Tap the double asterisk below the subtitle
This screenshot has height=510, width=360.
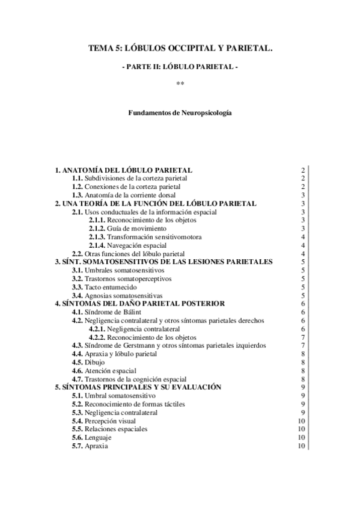click(x=180, y=84)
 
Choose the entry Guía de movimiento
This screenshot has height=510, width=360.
click(x=136, y=229)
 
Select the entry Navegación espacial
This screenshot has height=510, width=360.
click(x=138, y=245)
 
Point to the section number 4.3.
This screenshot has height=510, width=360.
click(x=77, y=345)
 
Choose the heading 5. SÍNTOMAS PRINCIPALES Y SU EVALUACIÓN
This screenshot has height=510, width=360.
click(x=138, y=387)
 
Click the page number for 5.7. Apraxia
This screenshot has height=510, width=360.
click(x=302, y=446)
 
